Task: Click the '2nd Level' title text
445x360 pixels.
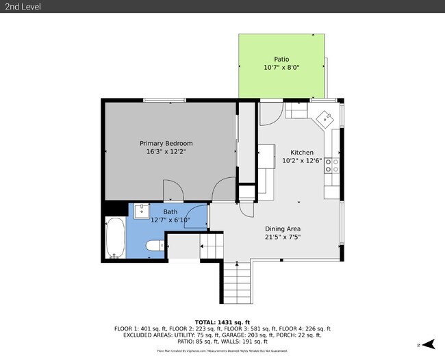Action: click(x=22, y=6)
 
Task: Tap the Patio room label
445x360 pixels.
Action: click(x=282, y=59)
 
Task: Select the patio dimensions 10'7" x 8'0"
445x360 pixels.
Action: click(x=282, y=68)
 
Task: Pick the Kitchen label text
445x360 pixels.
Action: click(x=302, y=152)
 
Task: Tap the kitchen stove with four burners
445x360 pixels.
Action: click(x=332, y=165)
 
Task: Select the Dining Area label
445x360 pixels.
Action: click(x=283, y=229)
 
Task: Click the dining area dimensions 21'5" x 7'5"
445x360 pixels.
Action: click(x=283, y=237)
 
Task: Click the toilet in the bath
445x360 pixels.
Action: click(x=154, y=245)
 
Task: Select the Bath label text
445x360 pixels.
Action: click(x=170, y=211)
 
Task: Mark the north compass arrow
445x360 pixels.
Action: click(x=429, y=344)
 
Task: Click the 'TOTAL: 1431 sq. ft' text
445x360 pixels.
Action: click(x=222, y=321)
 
